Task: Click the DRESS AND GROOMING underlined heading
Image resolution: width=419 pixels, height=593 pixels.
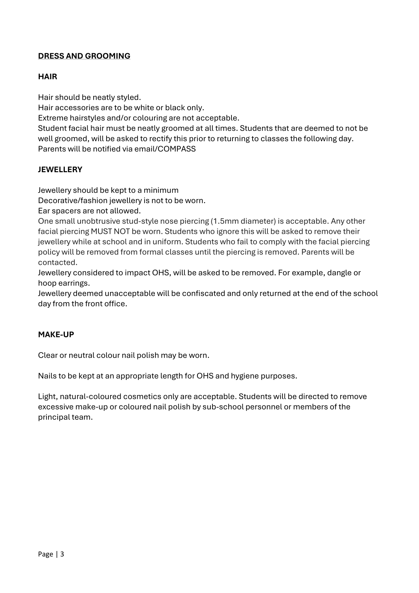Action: tap(84, 56)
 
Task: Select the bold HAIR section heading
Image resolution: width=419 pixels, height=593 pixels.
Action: tap(47, 77)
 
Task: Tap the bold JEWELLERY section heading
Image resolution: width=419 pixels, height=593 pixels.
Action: tap(60, 170)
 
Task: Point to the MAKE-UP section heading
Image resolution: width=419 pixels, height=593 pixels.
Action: tap(56, 335)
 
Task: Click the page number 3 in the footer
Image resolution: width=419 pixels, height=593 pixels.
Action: tap(62, 554)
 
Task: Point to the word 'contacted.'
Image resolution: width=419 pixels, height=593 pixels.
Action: tap(58, 262)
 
